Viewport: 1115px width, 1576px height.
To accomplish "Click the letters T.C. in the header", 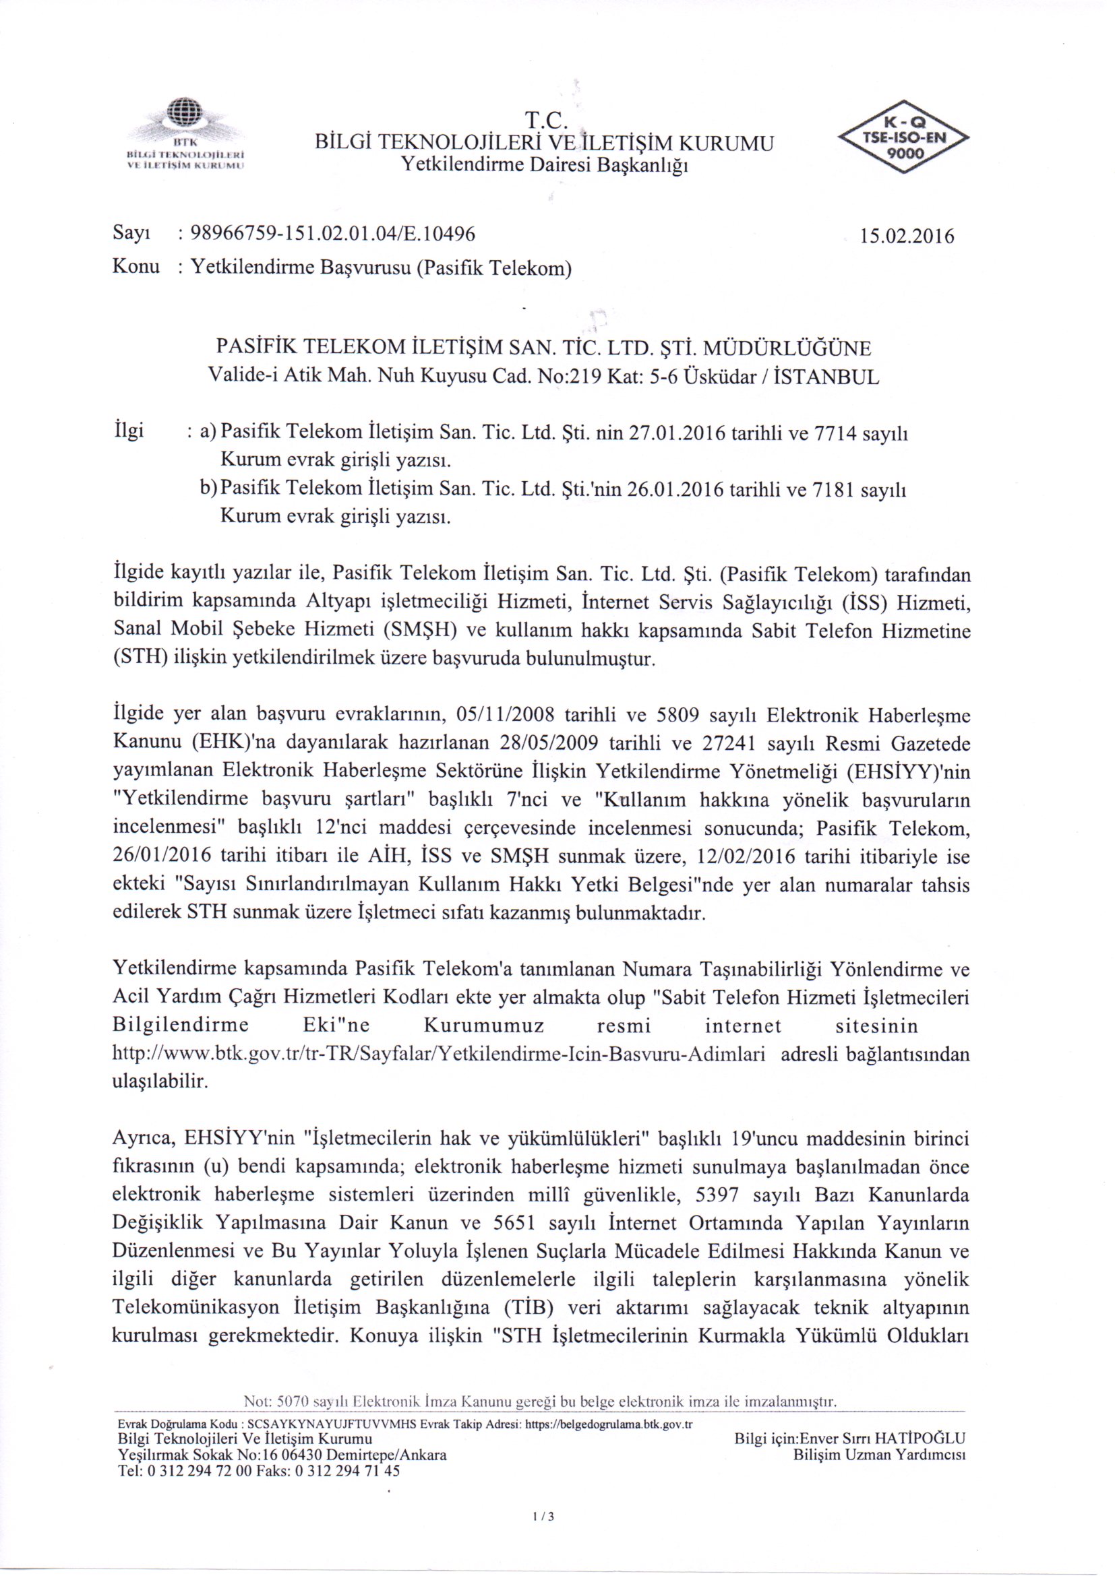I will (x=544, y=121).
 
